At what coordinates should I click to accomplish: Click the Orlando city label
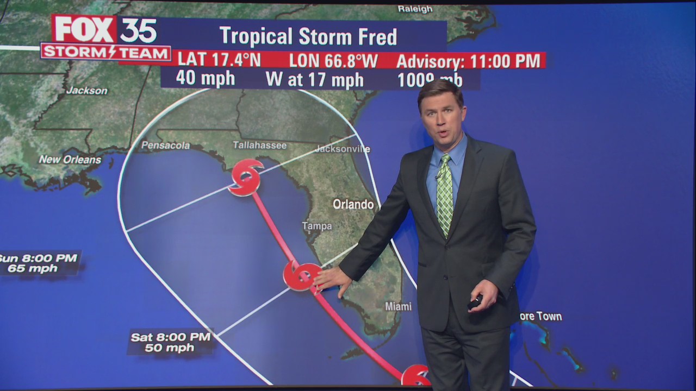pyautogui.click(x=353, y=204)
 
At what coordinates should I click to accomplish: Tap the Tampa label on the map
pyautogui.click(x=317, y=226)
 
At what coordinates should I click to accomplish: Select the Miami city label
pyautogui.click(x=398, y=306)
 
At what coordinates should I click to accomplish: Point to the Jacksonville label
pyautogui.click(x=343, y=149)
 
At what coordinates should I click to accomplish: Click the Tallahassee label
pyautogui.click(x=259, y=145)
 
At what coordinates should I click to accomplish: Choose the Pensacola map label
pyautogui.click(x=165, y=145)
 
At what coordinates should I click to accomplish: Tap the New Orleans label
pyautogui.click(x=70, y=160)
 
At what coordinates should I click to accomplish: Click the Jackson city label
pyautogui.click(x=87, y=91)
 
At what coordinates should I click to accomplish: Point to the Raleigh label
pyautogui.click(x=415, y=9)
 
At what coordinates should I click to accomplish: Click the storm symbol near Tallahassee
pyautogui.click(x=246, y=177)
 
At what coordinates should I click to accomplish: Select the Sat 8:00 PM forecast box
pyautogui.click(x=170, y=342)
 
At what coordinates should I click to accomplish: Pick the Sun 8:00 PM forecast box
pyautogui.click(x=39, y=263)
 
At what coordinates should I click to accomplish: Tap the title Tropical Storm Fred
pyautogui.click(x=308, y=36)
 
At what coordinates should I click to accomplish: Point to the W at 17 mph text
pyautogui.click(x=314, y=80)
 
